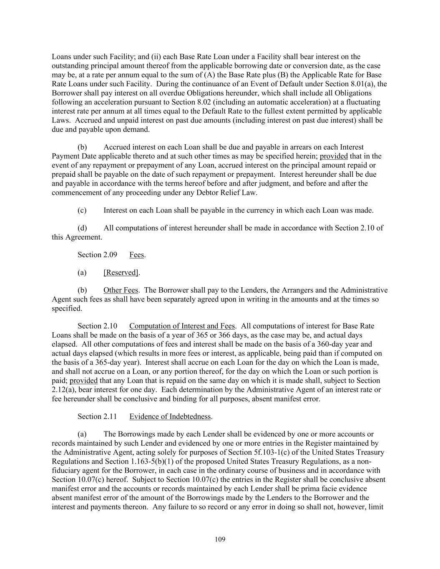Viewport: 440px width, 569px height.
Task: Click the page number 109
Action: pos(220,539)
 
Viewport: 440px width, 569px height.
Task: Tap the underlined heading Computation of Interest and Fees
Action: pos(182,326)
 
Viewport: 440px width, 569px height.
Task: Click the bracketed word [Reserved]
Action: pos(121,273)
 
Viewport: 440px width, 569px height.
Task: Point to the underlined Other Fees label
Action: pos(120,290)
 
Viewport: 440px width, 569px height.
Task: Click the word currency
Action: pos(249,210)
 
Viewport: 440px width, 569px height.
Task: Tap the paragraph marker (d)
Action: pos(82,228)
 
